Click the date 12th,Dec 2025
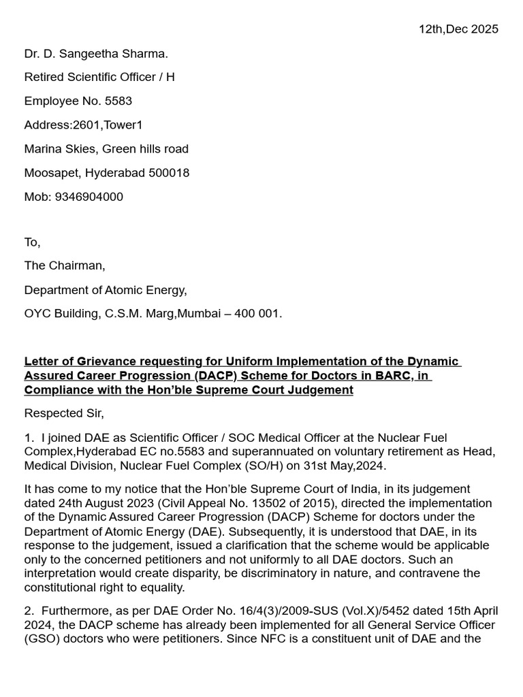[458, 29]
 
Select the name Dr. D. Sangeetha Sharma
[96, 54]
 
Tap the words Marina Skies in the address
[58, 149]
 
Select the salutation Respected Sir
[64, 413]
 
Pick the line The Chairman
[65, 266]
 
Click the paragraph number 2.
[28, 610]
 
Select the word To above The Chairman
[32, 242]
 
